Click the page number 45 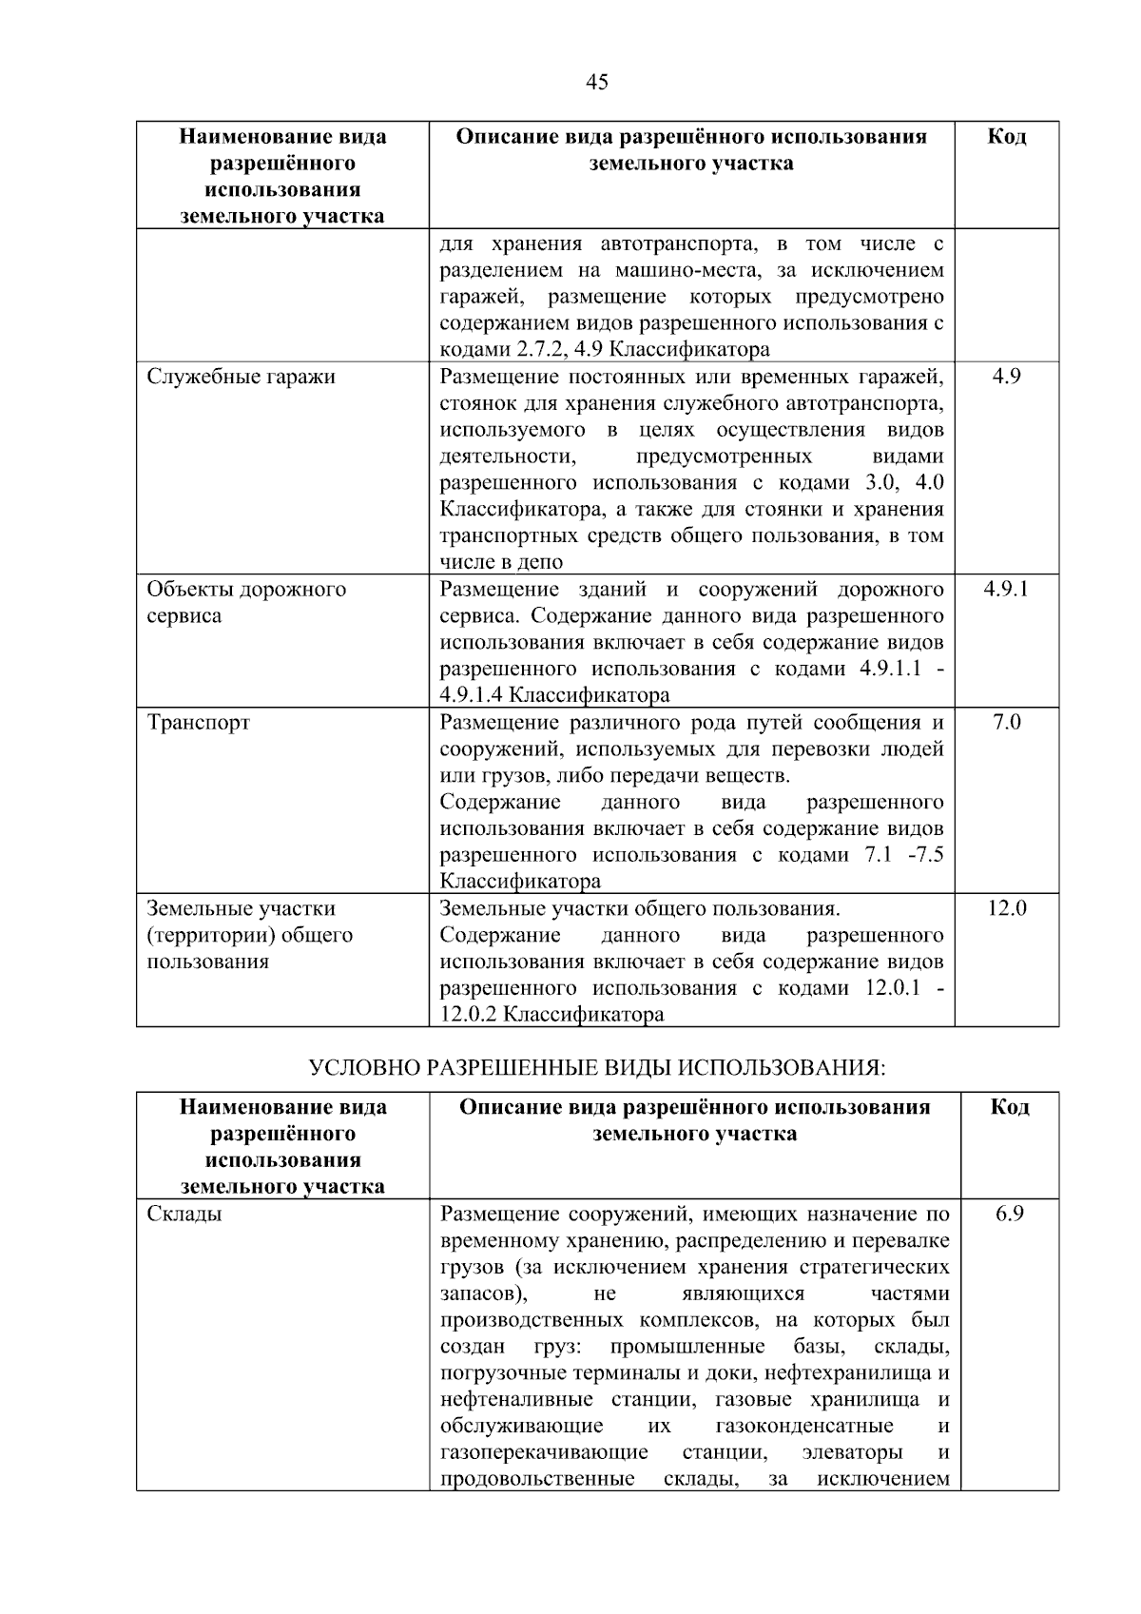click(x=596, y=82)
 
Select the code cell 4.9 click(x=1006, y=377)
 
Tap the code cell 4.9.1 click(x=1006, y=589)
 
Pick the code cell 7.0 click(x=1006, y=722)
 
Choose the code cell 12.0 click(x=1006, y=908)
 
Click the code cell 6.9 click(x=1009, y=1214)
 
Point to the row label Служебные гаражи click(x=242, y=377)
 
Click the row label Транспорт click(x=199, y=722)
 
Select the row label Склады click(x=184, y=1214)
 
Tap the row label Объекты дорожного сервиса click(x=246, y=602)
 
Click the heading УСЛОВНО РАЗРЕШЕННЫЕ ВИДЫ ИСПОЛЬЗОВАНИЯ click(x=597, y=1067)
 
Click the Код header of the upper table click(x=1006, y=137)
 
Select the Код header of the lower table click(x=1009, y=1107)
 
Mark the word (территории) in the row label click(x=208, y=935)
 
